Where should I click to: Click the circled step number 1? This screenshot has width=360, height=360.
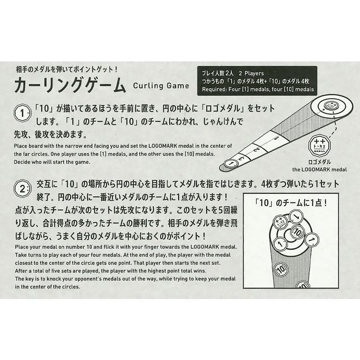click(22, 113)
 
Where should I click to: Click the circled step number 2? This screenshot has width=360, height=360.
click(22, 189)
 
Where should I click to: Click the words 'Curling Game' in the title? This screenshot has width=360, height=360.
click(161, 86)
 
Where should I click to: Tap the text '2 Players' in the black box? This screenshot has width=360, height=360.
click(251, 73)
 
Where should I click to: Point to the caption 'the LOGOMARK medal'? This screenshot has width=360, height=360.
click(319, 170)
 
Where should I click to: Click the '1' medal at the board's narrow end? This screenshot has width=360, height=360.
click(231, 163)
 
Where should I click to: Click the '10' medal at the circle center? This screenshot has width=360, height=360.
click(297, 232)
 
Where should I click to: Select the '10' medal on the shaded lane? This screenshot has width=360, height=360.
click(280, 269)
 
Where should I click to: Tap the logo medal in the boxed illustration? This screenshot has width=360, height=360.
click(280, 222)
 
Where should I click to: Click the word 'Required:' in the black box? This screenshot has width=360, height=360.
click(214, 89)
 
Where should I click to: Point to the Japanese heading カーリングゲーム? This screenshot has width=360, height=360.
click(70, 85)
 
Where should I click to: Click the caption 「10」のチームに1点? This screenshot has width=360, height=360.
click(291, 203)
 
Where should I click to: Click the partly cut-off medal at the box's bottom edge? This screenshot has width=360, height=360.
click(303, 285)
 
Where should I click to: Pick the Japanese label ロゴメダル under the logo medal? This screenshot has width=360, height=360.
click(319, 162)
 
